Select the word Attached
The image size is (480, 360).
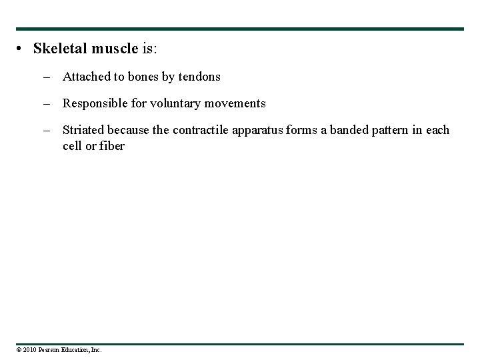[87, 77]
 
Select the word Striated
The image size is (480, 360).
[83, 130]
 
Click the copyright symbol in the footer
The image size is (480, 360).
[19, 350]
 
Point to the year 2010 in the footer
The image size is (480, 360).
[29, 350]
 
